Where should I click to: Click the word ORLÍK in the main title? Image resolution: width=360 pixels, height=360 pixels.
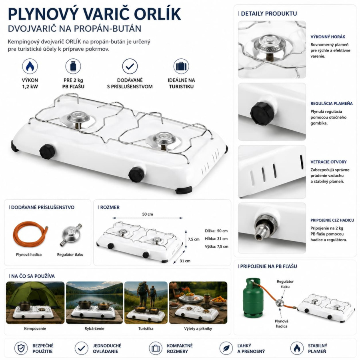pyautogui.click(x=158, y=14)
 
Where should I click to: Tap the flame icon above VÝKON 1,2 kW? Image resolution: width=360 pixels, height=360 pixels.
pyautogui.click(x=30, y=66)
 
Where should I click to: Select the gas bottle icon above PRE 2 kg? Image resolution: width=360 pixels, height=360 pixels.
pyautogui.click(x=73, y=66)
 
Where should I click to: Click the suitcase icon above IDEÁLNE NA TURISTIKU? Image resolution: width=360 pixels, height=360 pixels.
pyautogui.click(x=181, y=66)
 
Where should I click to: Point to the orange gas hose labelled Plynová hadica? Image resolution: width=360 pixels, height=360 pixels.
pyautogui.click(x=30, y=234)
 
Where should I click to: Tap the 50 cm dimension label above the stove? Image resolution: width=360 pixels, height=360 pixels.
pyautogui.click(x=147, y=214)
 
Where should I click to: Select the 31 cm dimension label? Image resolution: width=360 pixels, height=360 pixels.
pyautogui.click(x=185, y=261)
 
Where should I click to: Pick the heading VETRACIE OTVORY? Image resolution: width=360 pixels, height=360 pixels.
pyautogui.click(x=328, y=162)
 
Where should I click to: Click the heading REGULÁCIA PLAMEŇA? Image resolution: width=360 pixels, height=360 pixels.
pyautogui.click(x=332, y=104)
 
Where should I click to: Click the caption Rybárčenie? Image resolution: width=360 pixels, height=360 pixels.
pyautogui.click(x=94, y=328)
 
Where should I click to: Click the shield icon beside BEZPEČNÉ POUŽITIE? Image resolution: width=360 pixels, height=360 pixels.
pyautogui.click(x=21, y=348)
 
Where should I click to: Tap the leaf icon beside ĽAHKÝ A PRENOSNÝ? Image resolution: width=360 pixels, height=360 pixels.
pyautogui.click(x=226, y=348)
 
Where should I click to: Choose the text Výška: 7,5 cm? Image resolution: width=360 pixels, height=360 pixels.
pyautogui.click(x=216, y=246)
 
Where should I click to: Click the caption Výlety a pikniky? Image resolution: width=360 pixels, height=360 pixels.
pyautogui.click(x=198, y=328)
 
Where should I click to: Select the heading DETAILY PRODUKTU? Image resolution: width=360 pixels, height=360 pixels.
pyautogui.click(x=269, y=14)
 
